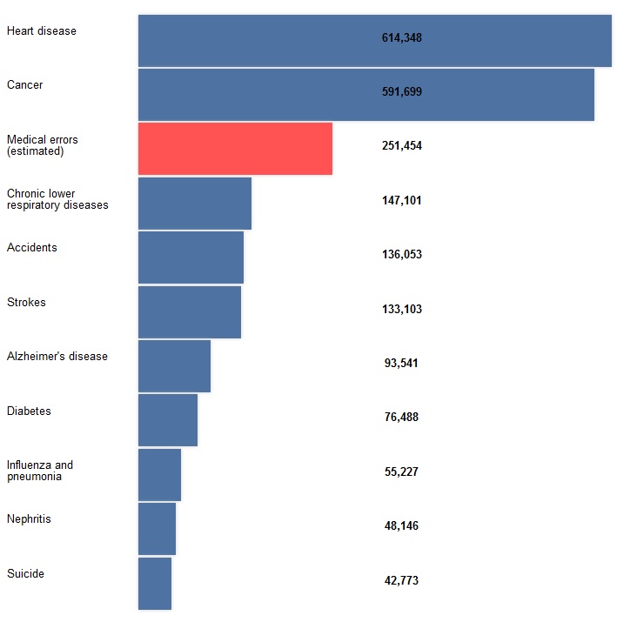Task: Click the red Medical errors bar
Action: [235, 149]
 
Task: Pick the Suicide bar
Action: [155, 583]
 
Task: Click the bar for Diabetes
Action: [168, 420]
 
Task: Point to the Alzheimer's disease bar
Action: [174, 366]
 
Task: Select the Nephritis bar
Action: [157, 529]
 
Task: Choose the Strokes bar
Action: [190, 311]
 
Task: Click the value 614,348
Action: [401, 37]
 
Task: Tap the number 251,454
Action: [401, 146]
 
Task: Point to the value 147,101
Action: [401, 200]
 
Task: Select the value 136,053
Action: [401, 255]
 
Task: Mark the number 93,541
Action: [401, 363]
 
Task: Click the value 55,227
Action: [401, 472]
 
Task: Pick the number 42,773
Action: [401, 580]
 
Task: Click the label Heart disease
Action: [41, 31]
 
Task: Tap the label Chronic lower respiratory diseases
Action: [57, 199]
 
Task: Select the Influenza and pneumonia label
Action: [40, 471]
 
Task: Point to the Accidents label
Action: [31, 248]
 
